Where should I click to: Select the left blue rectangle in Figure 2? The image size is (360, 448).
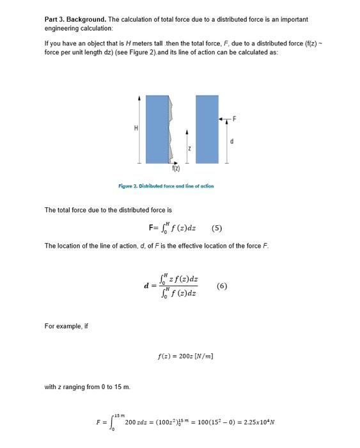click(x=157, y=129)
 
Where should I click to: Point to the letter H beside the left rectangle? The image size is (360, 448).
click(x=135, y=129)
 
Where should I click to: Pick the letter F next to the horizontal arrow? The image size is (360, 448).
click(x=234, y=118)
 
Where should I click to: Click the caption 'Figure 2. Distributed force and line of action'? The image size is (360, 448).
click(x=166, y=186)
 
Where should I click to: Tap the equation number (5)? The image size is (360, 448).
click(x=216, y=228)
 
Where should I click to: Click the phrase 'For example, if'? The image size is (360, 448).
click(x=67, y=326)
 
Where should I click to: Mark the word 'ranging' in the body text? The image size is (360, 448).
click(x=72, y=387)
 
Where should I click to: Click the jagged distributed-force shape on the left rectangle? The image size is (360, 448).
click(x=171, y=129)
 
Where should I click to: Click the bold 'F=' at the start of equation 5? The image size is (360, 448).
click(x=152, y=228)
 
